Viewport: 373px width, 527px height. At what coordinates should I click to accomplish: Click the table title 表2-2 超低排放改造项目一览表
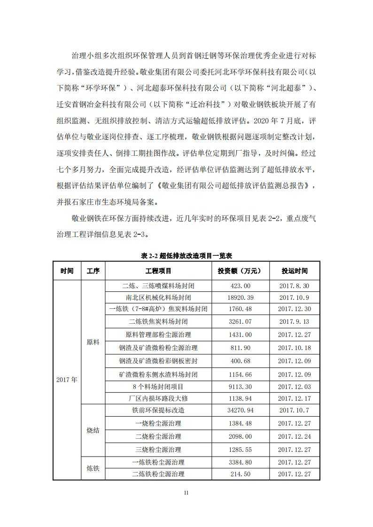[186, 256]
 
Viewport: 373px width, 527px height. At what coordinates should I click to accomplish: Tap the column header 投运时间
[295, 271]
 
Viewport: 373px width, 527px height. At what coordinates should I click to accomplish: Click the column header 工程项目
[158, 271]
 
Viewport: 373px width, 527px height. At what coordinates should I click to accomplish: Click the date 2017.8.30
[295, 285]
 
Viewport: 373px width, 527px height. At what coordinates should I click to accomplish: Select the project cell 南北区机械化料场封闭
[158, 298]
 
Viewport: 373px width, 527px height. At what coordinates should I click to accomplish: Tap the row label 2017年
[67, 380]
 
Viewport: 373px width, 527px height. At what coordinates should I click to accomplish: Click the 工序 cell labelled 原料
[93, 342]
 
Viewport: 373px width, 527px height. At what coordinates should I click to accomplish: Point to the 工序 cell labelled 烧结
[93, 430]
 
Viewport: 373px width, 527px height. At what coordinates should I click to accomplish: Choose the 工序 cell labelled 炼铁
[93, 468]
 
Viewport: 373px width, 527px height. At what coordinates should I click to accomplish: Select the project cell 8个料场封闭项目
[158, 386]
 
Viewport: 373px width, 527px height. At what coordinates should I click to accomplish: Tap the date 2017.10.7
[295, 410]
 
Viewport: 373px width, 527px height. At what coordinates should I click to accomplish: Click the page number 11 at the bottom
[186, 492]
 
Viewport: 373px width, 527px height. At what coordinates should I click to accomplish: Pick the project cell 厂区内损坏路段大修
[158, 398]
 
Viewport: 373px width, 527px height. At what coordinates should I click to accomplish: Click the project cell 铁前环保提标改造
[158, 410]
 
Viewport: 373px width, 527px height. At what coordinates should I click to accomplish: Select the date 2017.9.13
[295, 321]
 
